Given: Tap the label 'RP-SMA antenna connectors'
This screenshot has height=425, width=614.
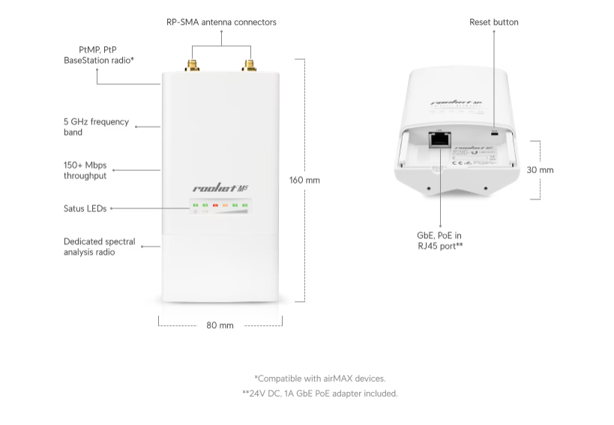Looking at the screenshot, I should tap(221, 22).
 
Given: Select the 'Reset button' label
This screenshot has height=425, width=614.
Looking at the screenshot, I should tap(493, 22).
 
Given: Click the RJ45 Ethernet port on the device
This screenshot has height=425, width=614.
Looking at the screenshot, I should tap(438, 139).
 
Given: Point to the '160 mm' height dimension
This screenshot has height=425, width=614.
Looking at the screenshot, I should tap(304, 180).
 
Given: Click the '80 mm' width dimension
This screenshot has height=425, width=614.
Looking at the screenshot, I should tap(220, 325).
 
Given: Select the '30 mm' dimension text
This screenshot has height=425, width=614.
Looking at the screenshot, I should tap(540, 170).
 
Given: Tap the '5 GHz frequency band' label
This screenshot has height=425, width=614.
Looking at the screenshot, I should tap(96, 127).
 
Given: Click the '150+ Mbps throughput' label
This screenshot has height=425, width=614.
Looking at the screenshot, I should tap(85, 170).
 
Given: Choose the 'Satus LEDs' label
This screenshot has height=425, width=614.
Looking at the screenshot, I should tap(85, 208).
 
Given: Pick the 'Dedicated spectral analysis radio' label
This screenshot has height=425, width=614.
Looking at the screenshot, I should tap(99, 247).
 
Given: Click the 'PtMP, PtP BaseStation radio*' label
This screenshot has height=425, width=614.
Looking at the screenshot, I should tap(98, 54).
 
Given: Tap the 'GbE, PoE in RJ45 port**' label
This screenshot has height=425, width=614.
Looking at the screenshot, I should tap(439, 240).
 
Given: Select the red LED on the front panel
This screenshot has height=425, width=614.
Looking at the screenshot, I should tap(215, 205).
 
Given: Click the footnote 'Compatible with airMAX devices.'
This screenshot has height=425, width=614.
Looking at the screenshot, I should tap(319, 379).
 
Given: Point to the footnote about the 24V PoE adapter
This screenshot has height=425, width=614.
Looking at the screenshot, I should tap(319, 394).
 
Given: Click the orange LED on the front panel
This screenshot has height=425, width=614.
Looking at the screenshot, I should tap(225, 205).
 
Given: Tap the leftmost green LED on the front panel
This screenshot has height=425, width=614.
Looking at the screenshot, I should tap(195, 205).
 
